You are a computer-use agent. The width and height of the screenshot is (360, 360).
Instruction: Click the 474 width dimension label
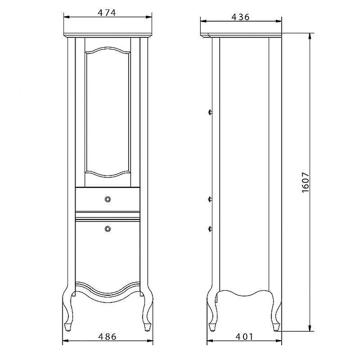(x=107, y=13)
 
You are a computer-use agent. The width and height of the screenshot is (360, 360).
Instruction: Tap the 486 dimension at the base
(x=108, y=337)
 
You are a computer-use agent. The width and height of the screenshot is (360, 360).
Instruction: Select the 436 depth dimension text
(x=240, y=17)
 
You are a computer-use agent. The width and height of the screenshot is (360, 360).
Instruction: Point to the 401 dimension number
(x=244, y=337)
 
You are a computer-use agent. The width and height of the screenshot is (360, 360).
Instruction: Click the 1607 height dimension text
(x=306, y=183)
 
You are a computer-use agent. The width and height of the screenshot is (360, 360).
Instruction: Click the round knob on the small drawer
(x=108, y=199)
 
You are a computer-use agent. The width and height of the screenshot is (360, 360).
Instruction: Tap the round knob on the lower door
(x=108, y=229)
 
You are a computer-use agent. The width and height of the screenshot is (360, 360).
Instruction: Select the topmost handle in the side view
(x=210, y=112)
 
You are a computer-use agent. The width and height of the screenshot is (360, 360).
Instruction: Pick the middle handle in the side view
(x=210, y=199)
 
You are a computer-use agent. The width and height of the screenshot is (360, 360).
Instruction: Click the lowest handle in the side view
(x=210, y=229)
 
